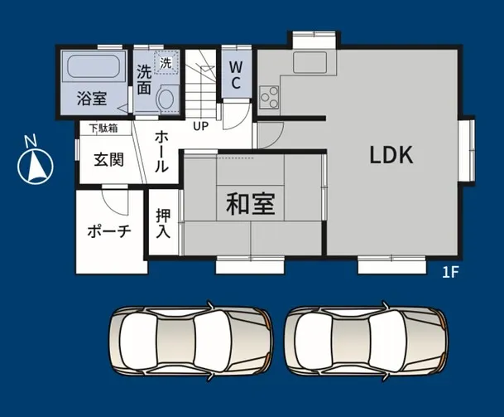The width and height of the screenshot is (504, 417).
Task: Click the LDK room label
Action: point(391,155)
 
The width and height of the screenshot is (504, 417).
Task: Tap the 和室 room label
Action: point(251,203)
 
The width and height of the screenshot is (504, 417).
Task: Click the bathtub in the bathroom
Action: point(93,67)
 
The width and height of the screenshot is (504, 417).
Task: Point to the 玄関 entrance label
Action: point(108,159)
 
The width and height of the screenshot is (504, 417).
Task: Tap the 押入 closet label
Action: point(163,221)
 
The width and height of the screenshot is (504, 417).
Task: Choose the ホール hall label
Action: point(162,149)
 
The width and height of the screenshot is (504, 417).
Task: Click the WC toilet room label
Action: point(235,74)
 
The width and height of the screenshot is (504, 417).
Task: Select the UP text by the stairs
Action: point(200,127)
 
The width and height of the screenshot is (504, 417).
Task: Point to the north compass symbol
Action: point(35,163)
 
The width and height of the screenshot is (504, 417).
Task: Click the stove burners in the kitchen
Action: point(269,97)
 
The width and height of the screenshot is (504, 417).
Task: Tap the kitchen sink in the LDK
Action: point(310,62)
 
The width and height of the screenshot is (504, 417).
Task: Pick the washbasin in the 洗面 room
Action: point(165,98)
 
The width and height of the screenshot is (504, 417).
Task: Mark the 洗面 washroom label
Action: point(144,78)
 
